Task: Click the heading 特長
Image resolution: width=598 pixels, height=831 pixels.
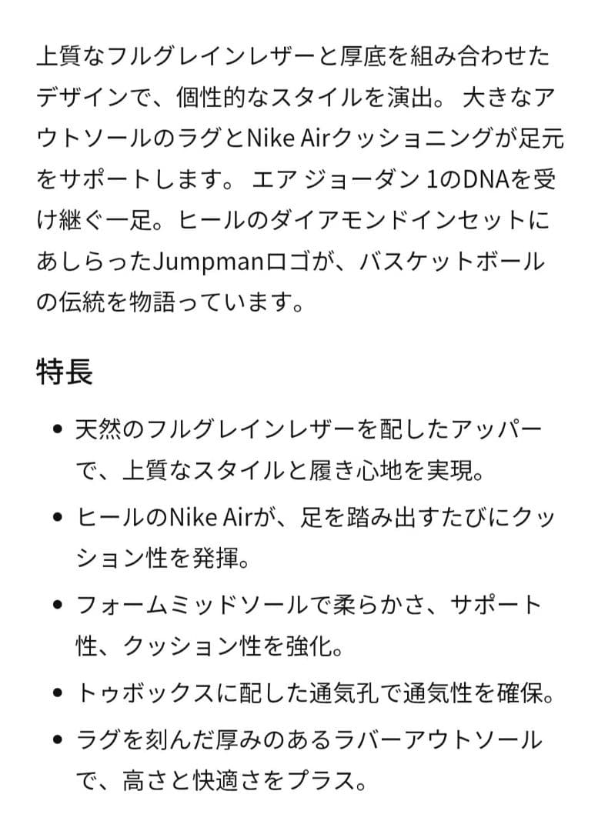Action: pos(65,372)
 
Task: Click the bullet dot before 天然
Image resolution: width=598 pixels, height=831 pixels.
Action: pos(58,429)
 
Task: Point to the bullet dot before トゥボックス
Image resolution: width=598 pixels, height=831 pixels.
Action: pos(58,692)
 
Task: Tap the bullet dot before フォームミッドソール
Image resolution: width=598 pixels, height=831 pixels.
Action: pos(58,605)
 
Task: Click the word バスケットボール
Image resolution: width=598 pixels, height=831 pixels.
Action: pos(453,262)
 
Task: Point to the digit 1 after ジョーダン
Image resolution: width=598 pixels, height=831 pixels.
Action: pos(431,180)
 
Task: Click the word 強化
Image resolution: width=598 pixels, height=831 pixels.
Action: pos(309,646)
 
